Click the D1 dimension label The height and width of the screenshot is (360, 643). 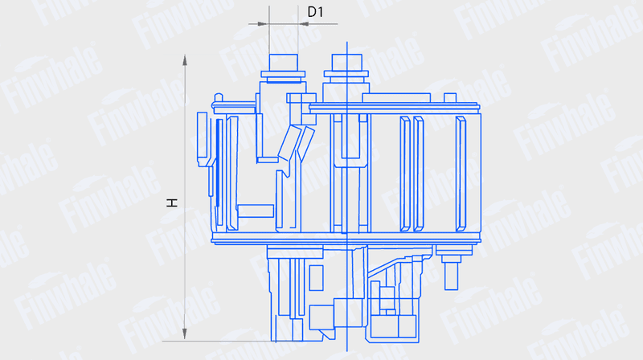(315, 12)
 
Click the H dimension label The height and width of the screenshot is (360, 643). (172, 202)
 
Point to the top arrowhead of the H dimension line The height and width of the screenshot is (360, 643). (185, 59)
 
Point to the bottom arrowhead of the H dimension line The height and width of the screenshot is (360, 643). (185, 333)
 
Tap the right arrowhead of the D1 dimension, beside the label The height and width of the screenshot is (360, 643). (304, 24)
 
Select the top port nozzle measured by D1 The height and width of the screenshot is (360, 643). (284, 63)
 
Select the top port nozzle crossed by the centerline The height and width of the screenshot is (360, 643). (347, 63)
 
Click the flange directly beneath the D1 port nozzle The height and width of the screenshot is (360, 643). (283, 74)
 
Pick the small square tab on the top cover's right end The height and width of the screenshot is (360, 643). (450, 97)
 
